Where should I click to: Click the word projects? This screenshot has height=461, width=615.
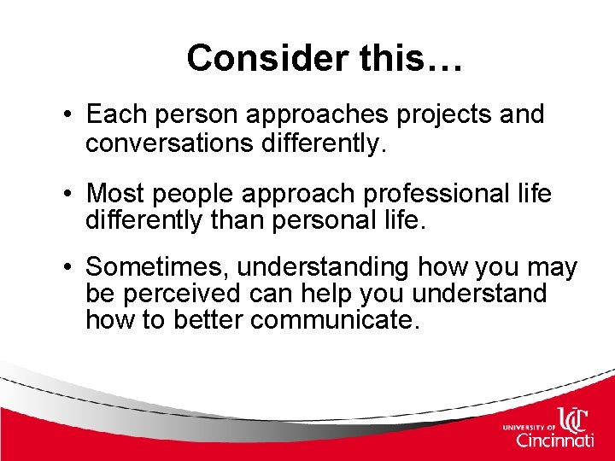442,114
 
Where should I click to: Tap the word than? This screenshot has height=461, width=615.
245,221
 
